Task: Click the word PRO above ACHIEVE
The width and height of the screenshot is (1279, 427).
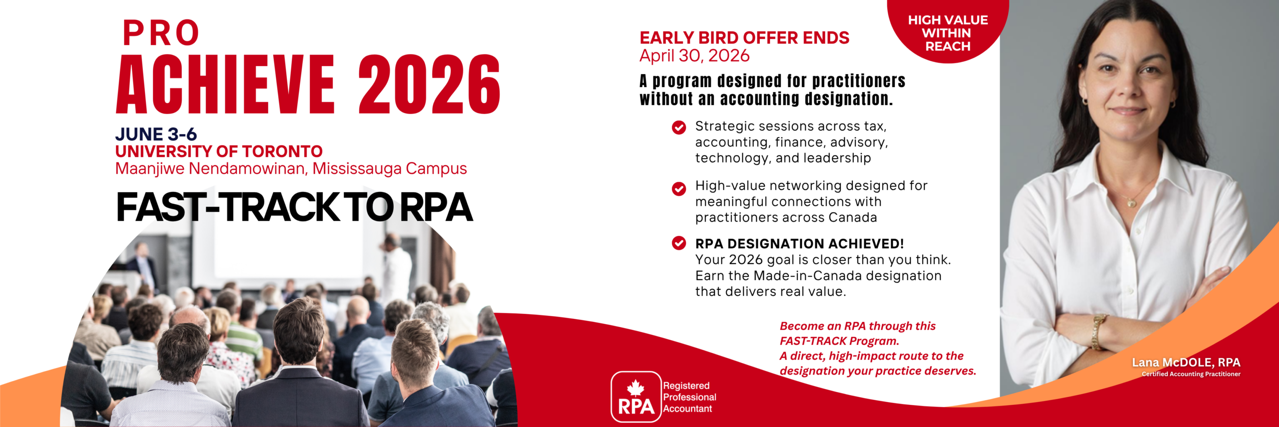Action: [x=161, y=33]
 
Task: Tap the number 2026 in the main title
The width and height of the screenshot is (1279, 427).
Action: [x=429, y=84]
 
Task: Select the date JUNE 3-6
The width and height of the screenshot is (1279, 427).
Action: [x=156, y=134]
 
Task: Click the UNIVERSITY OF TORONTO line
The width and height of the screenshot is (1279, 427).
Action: [x=219, y=151]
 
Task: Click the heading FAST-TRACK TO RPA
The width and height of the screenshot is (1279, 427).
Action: [x=294, y=207]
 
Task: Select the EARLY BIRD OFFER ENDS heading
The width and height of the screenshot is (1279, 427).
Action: [x=744, y=38]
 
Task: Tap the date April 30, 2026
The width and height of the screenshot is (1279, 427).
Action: [x=694, y=56]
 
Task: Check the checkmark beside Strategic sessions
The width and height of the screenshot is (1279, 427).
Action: [x=679, y=127]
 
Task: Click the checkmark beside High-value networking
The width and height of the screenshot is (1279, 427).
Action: [x=679, y=189]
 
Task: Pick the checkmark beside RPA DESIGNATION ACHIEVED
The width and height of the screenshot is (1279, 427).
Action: [x=679, y=243]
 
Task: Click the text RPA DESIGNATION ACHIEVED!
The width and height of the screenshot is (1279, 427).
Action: [x=799, y=244]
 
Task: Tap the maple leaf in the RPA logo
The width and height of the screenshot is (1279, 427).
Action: [x=636, y=387]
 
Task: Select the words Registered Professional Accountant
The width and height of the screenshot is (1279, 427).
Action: [x=689, y=397]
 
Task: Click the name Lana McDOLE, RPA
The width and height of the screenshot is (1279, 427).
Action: [x=1186, y=362]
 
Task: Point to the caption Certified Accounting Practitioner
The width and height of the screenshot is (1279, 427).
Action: [x=1191, y=374]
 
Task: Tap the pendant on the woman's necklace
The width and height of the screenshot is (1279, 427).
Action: [x=1132, y=203]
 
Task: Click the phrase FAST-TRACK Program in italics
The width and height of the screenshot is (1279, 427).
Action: [x=839, y=341]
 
